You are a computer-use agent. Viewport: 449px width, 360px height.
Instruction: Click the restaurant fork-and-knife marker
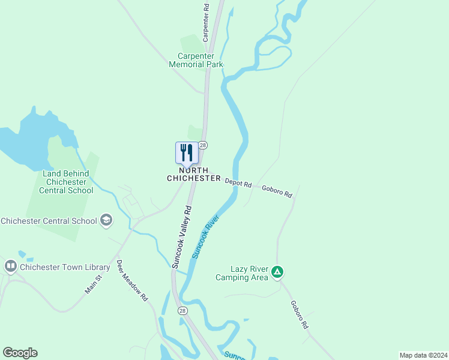(x=186, y=153)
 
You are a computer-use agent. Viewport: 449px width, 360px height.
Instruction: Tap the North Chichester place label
(x=193, y=175)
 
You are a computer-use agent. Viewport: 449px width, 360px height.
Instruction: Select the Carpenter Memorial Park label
(x=196, y=60)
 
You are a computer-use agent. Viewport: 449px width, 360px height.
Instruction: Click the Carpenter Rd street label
(x=205, y=23)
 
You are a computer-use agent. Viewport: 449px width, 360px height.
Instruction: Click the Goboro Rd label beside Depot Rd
(x=277, y=191)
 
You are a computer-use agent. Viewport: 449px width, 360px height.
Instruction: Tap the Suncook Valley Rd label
(x=181, y=237)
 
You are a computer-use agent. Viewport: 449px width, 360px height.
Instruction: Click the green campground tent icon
(x=277, y=272)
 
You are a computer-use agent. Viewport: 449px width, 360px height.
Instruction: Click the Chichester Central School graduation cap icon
(x=106, y=220)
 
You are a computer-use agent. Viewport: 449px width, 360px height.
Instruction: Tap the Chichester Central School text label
(x=49, y=221)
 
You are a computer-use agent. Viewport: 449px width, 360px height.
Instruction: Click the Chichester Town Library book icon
(x=10, y=266)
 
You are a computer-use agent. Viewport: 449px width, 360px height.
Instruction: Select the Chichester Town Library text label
(x=65, y=267)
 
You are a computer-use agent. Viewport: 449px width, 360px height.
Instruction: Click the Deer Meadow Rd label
(x=132, y=280)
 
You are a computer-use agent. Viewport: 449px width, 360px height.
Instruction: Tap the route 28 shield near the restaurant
(x=203, y=145)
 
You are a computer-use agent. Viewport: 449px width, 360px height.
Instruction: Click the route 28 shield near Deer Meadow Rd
(x=182, y=310)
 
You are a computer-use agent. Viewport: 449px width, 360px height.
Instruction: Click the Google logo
(x=20, y=353)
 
